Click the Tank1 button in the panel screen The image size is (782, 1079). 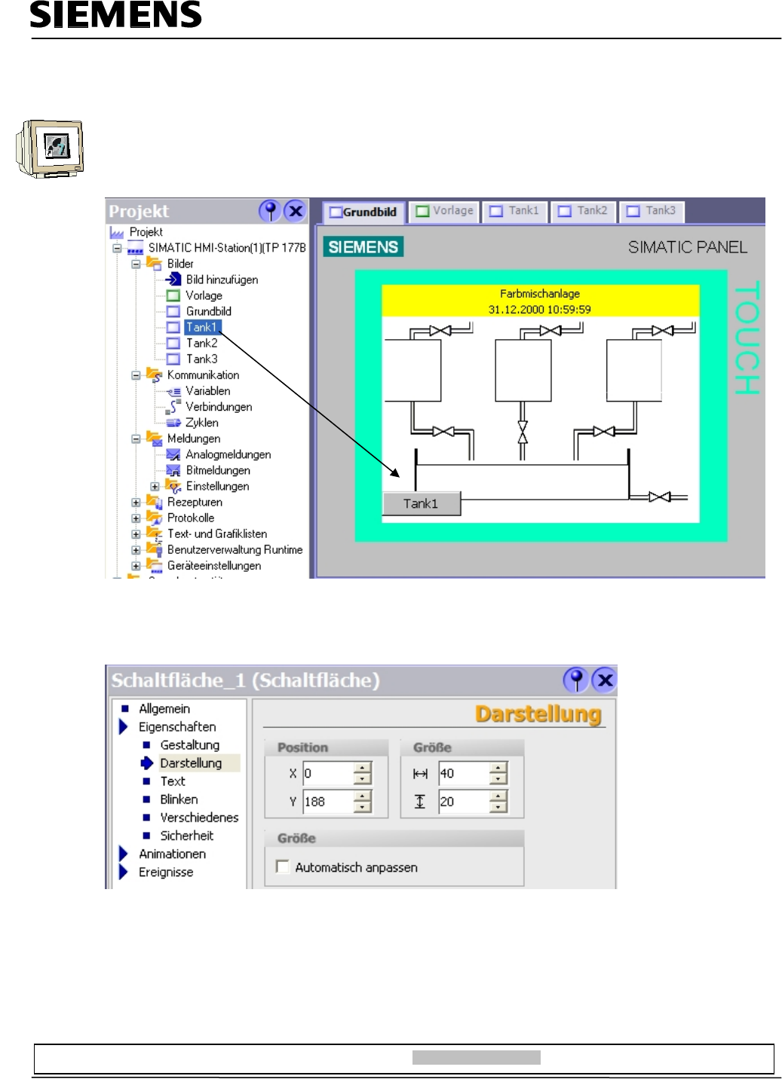coord(421,504)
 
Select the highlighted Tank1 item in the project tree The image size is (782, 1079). coord(201,327)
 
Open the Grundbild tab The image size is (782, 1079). coord(363,212)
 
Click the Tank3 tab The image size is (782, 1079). coord(652,211)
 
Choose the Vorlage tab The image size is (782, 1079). coord(445,211)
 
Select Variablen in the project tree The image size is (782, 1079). coord(207,391)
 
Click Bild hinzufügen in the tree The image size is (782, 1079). coord(222,280)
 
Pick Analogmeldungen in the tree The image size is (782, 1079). coord(228,454)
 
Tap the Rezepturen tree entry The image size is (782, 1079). coord(195,502)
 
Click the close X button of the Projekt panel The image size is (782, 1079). coord(296,211)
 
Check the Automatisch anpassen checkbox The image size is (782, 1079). coord(283,867)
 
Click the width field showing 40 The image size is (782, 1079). coord(463,773)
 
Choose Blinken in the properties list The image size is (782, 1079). coord(179,799)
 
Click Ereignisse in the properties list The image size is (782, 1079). coord(166,872)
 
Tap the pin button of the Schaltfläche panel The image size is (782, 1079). coord(575,680)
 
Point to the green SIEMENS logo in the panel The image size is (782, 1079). coord(363,247)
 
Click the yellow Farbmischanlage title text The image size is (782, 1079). coord(540,294)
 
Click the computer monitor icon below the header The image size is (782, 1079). coord(51,148)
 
